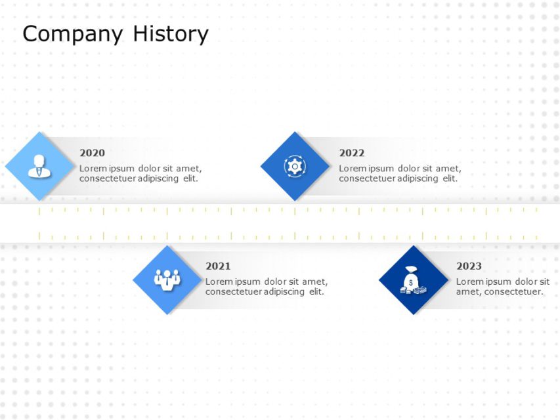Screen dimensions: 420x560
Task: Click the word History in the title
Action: (171, 33)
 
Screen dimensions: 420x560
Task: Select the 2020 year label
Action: (92, 153)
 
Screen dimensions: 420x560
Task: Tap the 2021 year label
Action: (218, 266)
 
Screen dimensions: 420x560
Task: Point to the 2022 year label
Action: (351, 153)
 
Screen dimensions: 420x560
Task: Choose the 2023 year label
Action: (469, 266)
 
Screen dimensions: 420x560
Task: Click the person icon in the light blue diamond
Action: (39, 166)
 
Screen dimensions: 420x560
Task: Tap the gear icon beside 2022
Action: (295, 166)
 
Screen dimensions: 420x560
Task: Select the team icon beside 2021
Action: (167, 280)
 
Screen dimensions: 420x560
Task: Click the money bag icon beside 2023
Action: (413, 280)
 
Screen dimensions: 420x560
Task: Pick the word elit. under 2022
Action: (449, 178)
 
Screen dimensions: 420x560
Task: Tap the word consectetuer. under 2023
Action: (514, 292)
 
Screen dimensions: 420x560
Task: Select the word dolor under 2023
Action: (526, 282)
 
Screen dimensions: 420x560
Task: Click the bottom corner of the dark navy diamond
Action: (413, 314)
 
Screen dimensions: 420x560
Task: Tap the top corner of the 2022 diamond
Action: (295, 133)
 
